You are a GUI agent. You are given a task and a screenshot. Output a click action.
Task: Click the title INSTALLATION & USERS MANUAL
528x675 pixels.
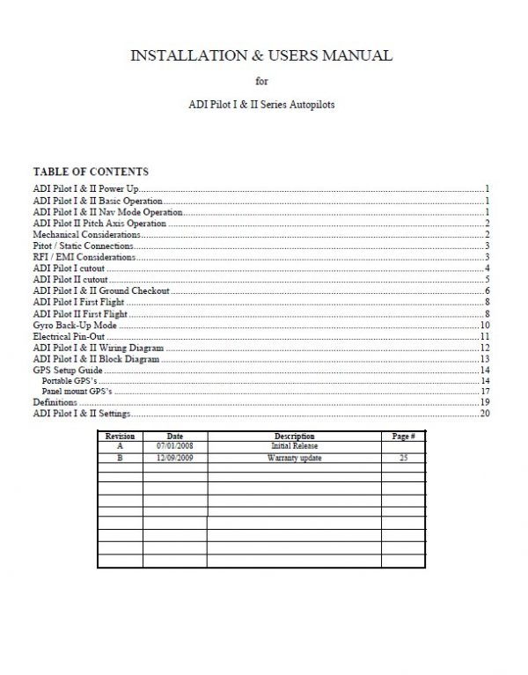(x=261, y=57)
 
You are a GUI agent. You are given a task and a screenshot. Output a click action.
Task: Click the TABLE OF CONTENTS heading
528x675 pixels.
(x=91, y=172)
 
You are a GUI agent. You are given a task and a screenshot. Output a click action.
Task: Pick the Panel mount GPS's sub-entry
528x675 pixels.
(x=79, y=391)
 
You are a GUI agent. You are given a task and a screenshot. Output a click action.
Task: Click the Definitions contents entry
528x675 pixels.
(x=55, y=402)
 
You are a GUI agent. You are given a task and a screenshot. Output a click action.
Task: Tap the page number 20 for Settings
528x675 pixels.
(x=484, y=414)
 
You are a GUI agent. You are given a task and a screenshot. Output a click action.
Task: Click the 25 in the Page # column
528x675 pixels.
(x=403, y=459)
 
